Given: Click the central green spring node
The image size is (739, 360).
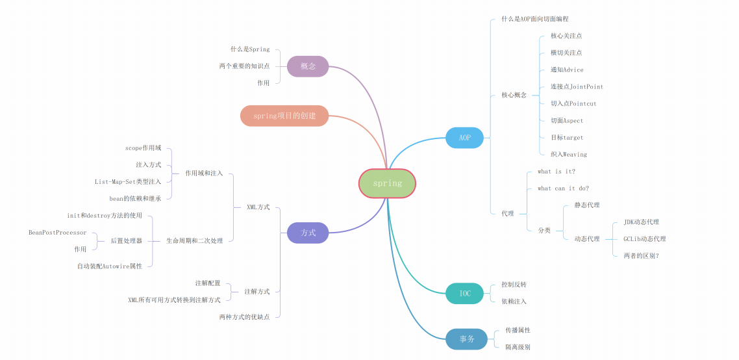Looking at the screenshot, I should point(387,183).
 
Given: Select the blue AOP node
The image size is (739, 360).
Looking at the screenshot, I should point(464,138).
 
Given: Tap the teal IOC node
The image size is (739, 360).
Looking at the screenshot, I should point(464,293).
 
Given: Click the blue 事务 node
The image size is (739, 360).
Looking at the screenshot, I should point(466,339).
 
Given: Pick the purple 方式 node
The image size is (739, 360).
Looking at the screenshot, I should point(308,233).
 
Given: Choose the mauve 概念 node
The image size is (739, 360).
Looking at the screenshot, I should point(308,66).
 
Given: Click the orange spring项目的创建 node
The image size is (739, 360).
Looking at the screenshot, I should point(284,116).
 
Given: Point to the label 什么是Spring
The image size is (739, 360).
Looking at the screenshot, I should point(250,49).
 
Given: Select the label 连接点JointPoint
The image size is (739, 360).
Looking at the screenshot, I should point(577,86).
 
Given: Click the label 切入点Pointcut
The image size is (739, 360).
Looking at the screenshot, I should point(573,103).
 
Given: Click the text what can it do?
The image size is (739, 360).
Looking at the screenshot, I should point(563,188).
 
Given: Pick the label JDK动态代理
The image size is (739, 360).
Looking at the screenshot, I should point(641,222).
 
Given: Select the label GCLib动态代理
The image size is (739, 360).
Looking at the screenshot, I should point(644,239).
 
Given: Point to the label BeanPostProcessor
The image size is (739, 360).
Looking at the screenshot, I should point(57,233).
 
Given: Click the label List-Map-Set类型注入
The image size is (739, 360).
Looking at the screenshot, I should point(128,182).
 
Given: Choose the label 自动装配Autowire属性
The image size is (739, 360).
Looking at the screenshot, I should point(110,266).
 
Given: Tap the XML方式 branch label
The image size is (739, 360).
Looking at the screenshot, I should point(258,207).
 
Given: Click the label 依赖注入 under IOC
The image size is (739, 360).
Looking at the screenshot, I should point(514,302).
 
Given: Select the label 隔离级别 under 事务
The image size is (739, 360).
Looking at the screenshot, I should point(518,347).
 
